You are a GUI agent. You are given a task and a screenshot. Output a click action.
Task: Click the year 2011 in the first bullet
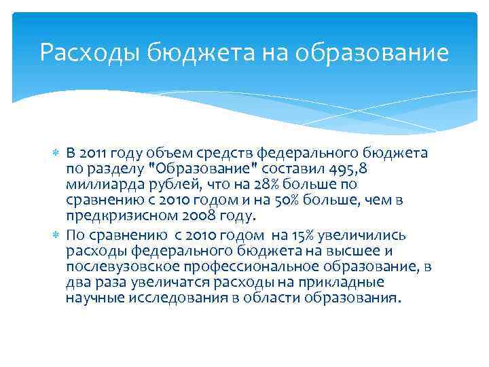tap(93, 154)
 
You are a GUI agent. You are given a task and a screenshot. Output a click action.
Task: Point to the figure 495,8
tap(349, 169)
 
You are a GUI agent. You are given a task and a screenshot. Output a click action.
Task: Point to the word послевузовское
tap(116, 266)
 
